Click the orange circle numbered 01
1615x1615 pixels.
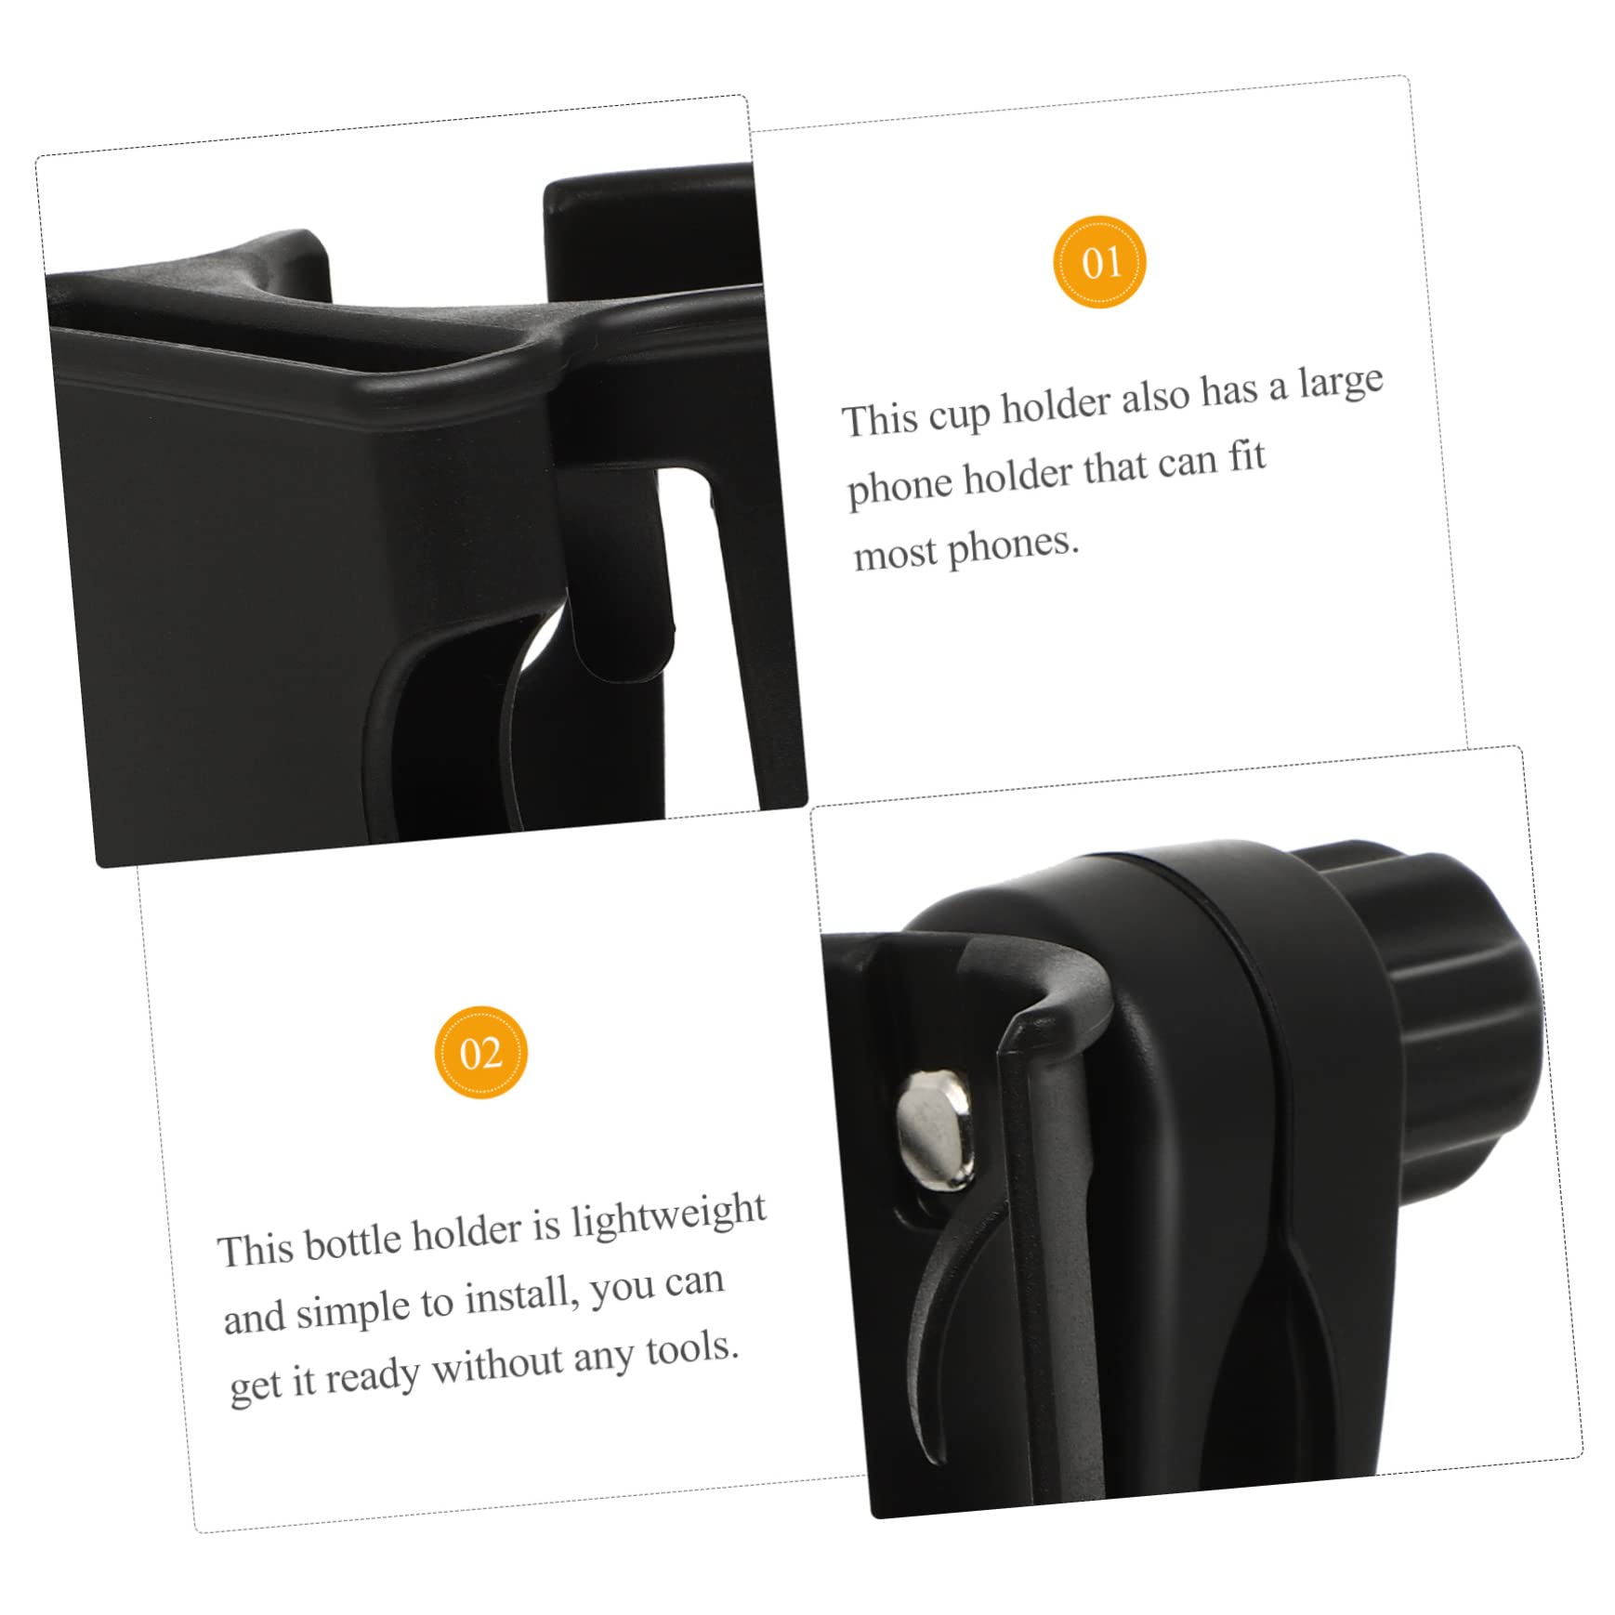1100,262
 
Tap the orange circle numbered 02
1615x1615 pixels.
480,1053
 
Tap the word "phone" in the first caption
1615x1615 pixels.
899,486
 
